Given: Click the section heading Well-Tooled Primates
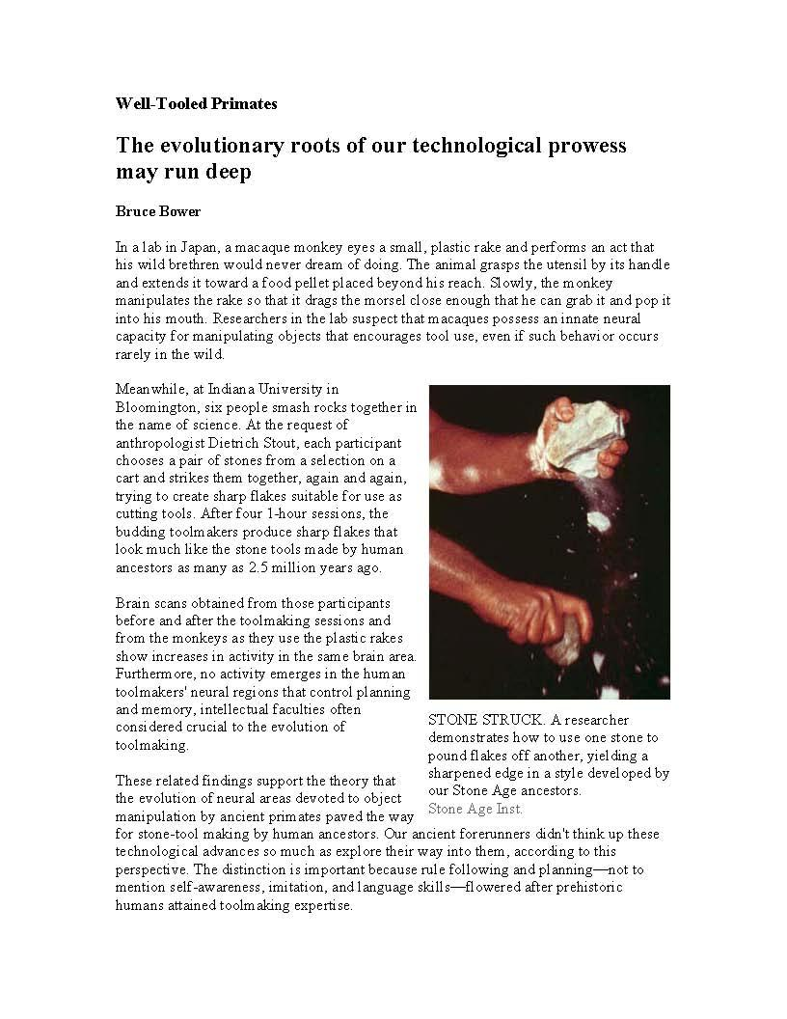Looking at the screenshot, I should [196, 103].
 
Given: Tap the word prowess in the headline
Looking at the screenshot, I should [582, 146].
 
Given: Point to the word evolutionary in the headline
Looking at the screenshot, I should [222, 146].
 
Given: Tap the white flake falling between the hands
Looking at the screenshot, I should [599, 521].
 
